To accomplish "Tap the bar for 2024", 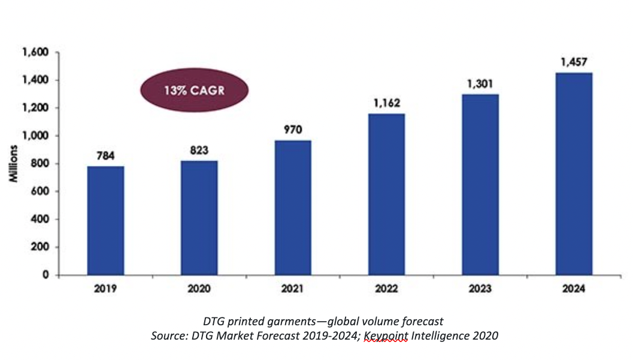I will coord(574,174).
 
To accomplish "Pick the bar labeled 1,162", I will coord(386,194).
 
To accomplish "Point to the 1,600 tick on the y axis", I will coord(35,53).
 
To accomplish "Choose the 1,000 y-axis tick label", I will coord(35,136).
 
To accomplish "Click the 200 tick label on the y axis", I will coord(40,247).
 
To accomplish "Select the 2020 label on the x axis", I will coord(199,289).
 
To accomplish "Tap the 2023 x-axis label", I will coord(480,289).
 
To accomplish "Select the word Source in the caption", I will coord(168,337).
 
